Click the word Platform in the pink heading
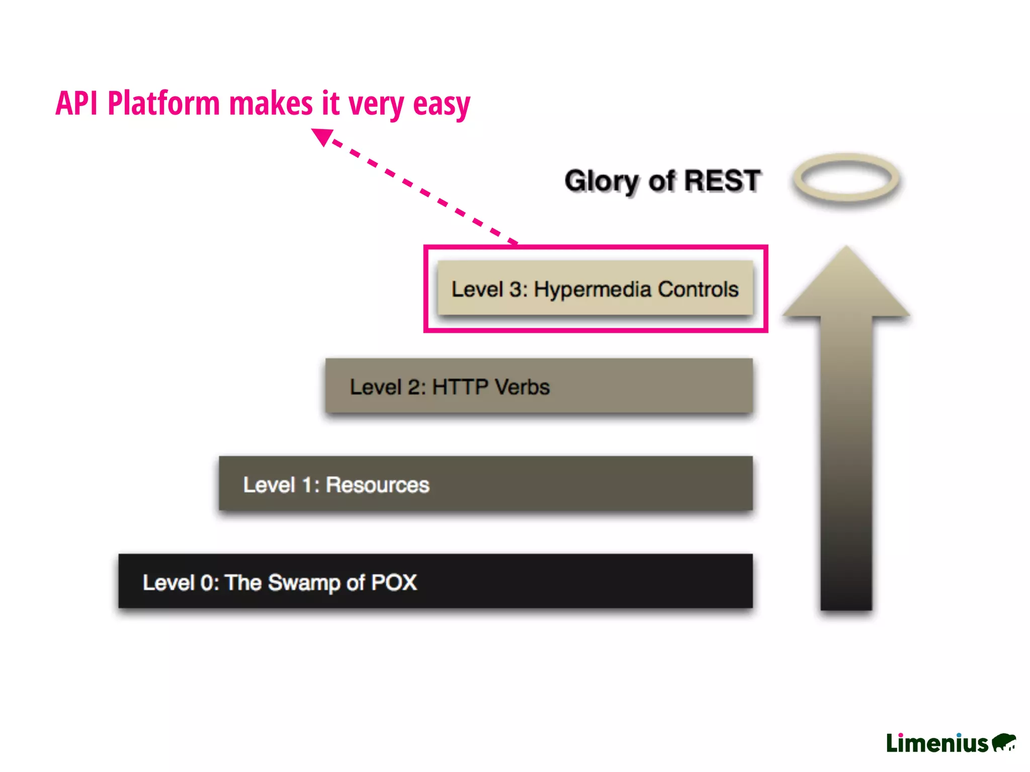point(163,103)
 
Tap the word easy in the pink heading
point(441,104)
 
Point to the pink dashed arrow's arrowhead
point(322,136)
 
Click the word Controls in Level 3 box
point(698,289)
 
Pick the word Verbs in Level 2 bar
point(522,387)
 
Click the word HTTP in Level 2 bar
point(460,387)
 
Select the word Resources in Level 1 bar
point(377,485)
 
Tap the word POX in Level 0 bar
point(394,583)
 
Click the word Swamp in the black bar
point(304,583)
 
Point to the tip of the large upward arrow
point(846,249)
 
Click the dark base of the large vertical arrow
point(846,593)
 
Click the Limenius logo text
point(937,743)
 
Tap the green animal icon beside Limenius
point(1004,742)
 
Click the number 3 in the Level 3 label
point(516,289)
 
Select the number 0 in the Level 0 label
point(207,583)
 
